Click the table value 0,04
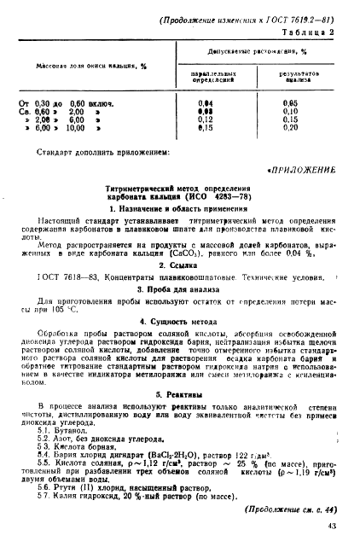(x=204, y=103)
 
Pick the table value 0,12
(x=204, y=119)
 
